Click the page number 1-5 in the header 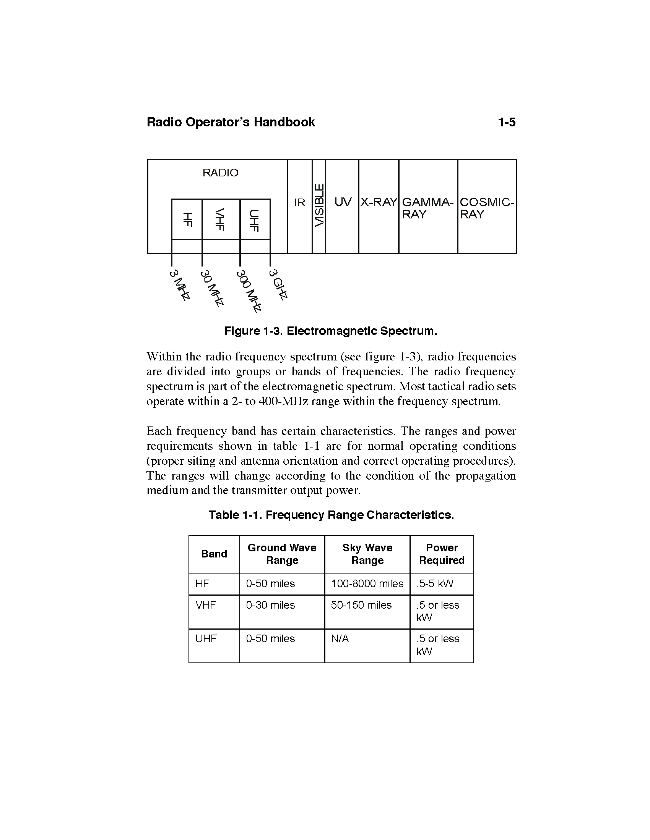[506, 122]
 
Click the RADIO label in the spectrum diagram [220, 173]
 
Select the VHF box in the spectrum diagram [221, 219]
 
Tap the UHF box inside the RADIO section [255, 219]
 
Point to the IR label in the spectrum [299, 202]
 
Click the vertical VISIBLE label [319, 205]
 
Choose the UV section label [342, 202]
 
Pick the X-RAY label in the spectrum [378, 202]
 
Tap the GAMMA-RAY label [427, 208]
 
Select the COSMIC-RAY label [487, 208]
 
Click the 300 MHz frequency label [249, 291]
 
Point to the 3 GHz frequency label [278, 284]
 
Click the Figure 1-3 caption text [331, 331]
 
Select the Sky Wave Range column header [367, 554]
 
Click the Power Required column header [442, 554]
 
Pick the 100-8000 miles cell [367, 584]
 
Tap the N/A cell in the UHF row [340, 639]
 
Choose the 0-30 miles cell [270, 605]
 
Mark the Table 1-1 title [331, 515]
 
